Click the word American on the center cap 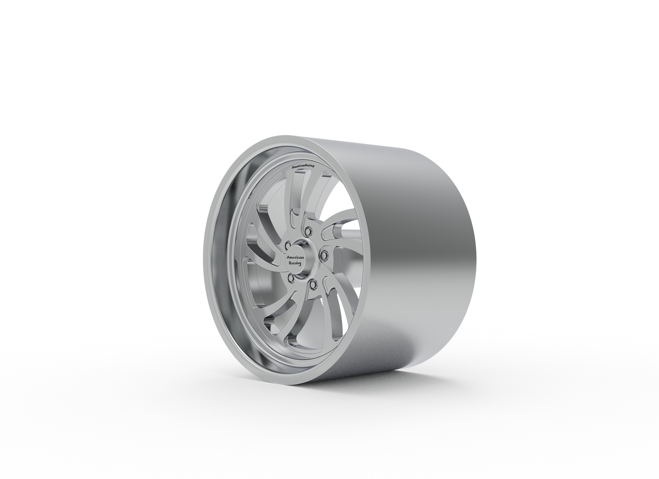pyautogui.click(x=295, y=257)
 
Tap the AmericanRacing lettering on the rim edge pyautogui.click(x=303, y=166)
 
